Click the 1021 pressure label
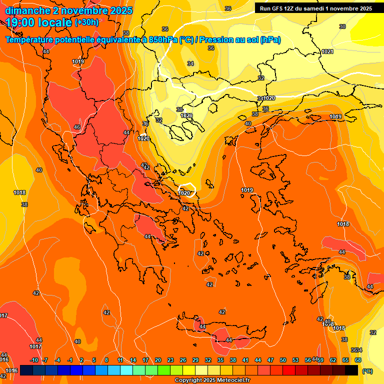pyautogui.click(x=327, y=51)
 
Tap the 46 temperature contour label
pyautogui.click(x=77, y=127)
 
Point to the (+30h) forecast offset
pyautogui.click(x=86, y=22)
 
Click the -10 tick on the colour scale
pyautogui.click(x=34, y=360)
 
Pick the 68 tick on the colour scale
pyautogui.click(x=358, y=360)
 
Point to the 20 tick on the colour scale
pyautogui.click(x=158, y=360)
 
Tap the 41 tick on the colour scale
pyautogui.click(x=245, y=360)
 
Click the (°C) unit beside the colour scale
pyautogui.click(x=367, y=371)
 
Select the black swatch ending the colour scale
pyautogui.click(x=351, y=370)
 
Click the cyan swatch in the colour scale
pyautogui.click(x=126, y=370)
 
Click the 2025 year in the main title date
pyautogui.click(x=121, y=10)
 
